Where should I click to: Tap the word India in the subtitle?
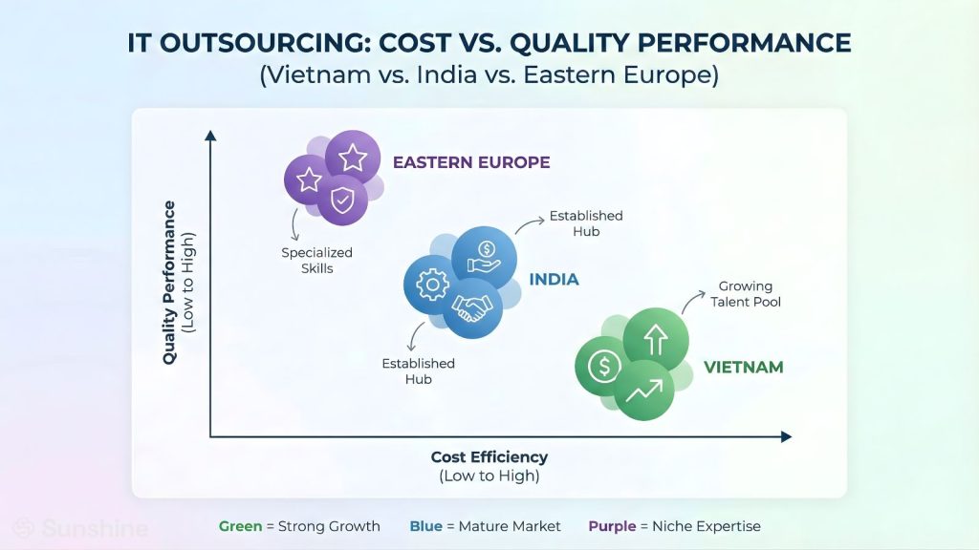(x=447, y=74)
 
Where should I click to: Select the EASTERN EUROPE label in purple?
(x=471, y=162)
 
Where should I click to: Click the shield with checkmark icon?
(x=342, y=201)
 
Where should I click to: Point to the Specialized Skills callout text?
(x=317, y=261)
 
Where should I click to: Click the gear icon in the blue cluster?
(x=432, y=285)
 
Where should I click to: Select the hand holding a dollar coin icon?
(x=484, y=258)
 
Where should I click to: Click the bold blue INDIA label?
(x=554, y=280)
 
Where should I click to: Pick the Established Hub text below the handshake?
(x=419, y=371)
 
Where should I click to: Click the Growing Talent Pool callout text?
(x=746, y=294)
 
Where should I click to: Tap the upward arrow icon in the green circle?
(x=656, y=340)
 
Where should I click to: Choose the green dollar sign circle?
(x=603, y=366)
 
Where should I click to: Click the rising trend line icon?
(x=644, y=391)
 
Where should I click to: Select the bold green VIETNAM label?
(x=744, y=368)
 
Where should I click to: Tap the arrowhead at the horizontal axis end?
(x=787, y=437)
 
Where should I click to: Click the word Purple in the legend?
(x=612, y=526)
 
